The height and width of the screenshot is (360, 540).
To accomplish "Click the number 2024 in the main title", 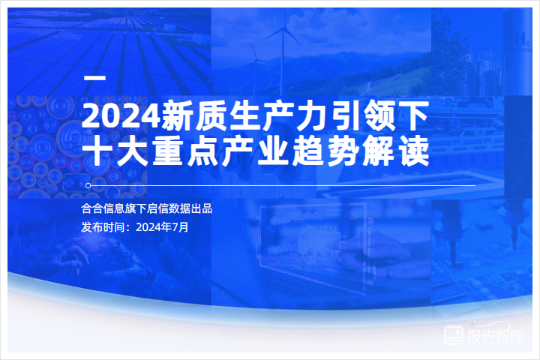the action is pyautogui.click(x=121, y=115).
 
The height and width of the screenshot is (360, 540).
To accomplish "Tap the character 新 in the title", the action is pyautogui.click(x=178, y=115).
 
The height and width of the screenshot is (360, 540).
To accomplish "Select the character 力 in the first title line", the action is pyautogui.click(x=312, y=115).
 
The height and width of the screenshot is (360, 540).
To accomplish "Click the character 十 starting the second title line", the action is pyautogui.click(x=97, y=151).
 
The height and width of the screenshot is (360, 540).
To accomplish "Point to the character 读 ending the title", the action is pyautogui.click(x=415, y=151).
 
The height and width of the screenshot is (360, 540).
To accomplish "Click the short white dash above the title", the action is pyautogui.click(x=94, y=78).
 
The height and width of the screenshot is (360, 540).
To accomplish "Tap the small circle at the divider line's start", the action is pyautogui.click(x=88, y=186).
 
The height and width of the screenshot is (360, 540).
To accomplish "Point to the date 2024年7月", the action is pyautogui.click(x=162, y=227).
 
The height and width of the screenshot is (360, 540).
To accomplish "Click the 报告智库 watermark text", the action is pyautogui.click(x=495, y=336).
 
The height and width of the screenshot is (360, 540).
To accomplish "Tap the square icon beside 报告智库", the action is pyautogui.click(x=454, y=335).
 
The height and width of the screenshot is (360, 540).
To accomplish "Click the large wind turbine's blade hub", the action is pyautogui.click(x=283, y=30).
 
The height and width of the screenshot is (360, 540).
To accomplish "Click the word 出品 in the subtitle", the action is pyautogui.click(x=202, y=208).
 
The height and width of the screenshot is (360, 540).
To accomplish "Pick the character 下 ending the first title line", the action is pyautogui.click(x=415, y=115).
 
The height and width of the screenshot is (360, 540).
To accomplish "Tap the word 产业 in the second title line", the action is pyautogui.click(x=255, y=151).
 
